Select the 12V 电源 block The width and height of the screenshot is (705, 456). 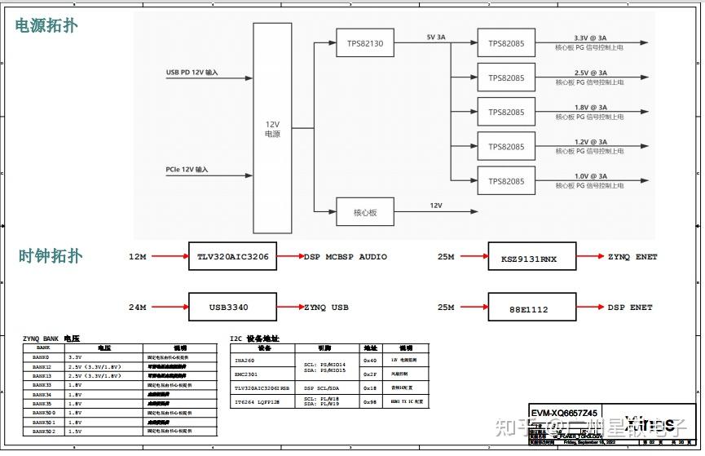coord(272,128)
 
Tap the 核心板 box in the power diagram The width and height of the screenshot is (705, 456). coord(364,212)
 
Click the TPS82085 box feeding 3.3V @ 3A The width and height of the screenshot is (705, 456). coord(506,43)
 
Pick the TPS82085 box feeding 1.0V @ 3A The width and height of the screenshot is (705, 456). coord(506,180)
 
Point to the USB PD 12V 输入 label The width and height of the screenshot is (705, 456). coord(192,73)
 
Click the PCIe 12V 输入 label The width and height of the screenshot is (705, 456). coord(187,170)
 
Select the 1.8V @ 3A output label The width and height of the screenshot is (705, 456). coord(579,108)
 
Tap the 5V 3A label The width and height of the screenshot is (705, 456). coord(436,38)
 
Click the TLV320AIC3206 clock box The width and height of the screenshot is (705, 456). coord(232,257)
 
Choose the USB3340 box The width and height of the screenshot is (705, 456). coord(232,308)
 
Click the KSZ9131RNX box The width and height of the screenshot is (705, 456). coord(531,257)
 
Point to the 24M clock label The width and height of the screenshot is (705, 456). coord(137,308)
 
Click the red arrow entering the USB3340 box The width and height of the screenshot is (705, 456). coord(170,308)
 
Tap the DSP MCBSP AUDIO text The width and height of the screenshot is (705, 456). coord(346,257)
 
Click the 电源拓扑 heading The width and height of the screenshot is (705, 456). coord(47,25)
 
